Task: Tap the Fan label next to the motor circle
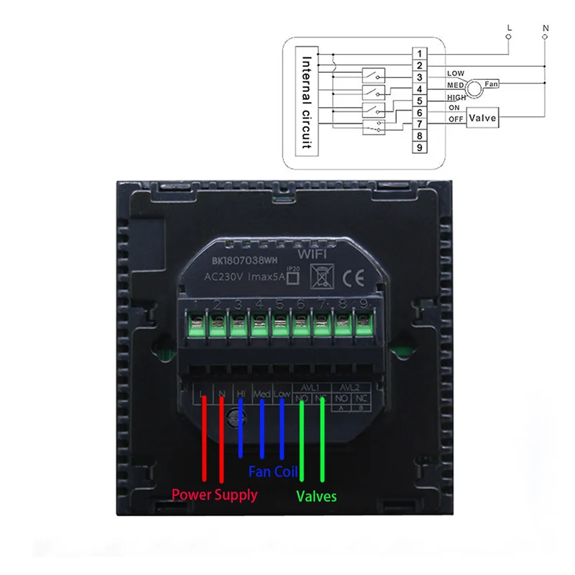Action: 491,85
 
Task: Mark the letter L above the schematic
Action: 509,27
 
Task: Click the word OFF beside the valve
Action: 456,119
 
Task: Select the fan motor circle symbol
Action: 474,89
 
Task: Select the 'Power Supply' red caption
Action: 214,495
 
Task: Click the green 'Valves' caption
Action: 316,496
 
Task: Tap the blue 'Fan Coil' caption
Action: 273,472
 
